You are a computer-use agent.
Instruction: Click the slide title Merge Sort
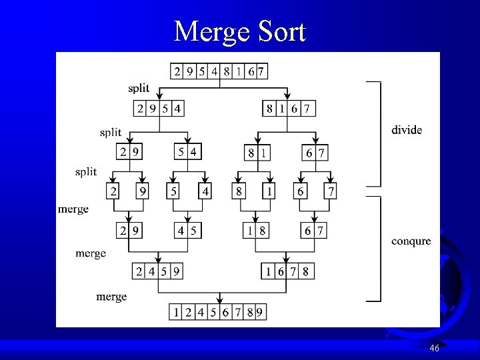coord(239,31)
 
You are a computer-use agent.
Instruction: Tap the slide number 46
coord(435,348)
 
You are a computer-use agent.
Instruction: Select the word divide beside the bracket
coord(406,130)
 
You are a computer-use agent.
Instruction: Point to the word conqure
coord(410,241)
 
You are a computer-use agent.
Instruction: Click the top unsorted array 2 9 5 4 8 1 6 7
coord(219,71)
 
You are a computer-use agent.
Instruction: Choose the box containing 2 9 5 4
coord(159,108)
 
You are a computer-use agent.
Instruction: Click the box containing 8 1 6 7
coord(289,108)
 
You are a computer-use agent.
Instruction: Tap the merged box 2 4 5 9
coord(159,271)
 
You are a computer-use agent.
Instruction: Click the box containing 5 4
coord(187,153)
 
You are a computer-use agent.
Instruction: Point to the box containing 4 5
coord(187,231)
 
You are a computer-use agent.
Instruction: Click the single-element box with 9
coord(142,191)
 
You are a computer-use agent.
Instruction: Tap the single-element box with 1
coord(269,191)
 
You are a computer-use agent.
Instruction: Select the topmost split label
coord(139,89)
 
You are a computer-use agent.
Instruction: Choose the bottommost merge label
coord(111,296)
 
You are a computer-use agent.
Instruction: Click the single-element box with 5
coord(173,191)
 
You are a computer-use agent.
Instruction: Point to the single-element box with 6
coord(301,191)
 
